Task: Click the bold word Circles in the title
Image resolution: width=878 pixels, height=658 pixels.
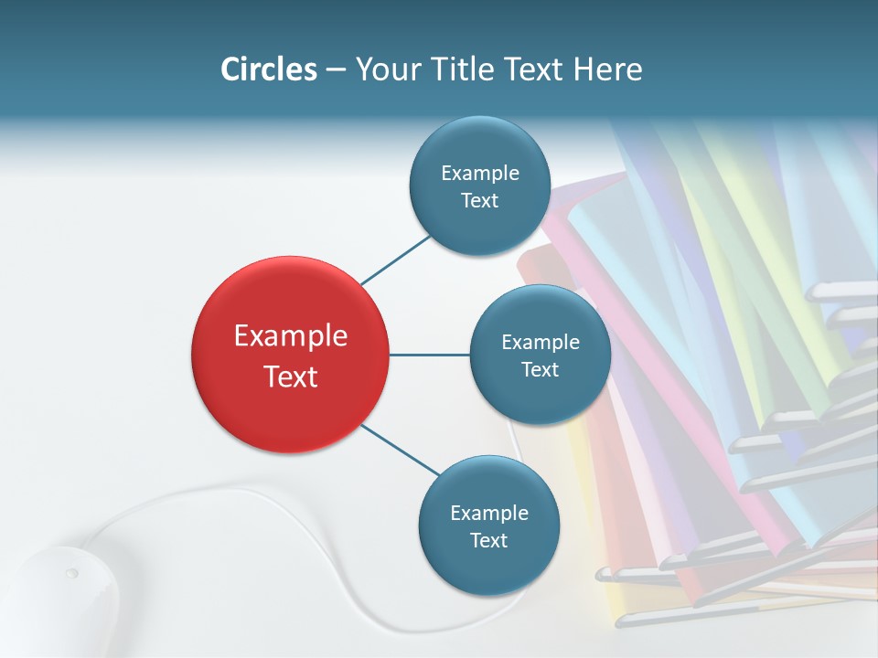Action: [268, 69]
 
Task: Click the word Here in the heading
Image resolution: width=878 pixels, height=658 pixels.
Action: [607, 69]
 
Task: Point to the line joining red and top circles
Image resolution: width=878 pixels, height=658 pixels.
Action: [395, 259]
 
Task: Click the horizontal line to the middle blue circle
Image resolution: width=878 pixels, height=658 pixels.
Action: [429, 355]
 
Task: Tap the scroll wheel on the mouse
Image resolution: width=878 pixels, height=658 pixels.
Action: [71, 574]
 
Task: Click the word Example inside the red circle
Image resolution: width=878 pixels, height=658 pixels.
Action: [290, 336]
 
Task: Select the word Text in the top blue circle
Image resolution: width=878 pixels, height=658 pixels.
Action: [479, 201]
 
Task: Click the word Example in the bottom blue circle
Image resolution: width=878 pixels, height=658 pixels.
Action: [488, 513]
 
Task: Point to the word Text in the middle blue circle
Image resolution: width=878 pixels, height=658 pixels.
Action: [540, 370]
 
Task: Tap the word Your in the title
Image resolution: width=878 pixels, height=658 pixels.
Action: [381, 69]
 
